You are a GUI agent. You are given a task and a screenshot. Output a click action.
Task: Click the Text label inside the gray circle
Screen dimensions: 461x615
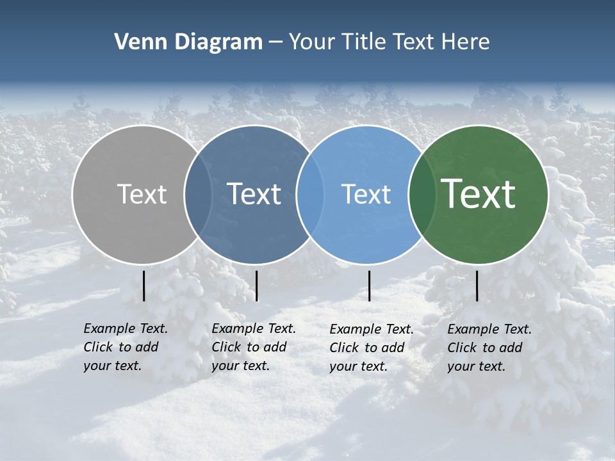pos(142,194)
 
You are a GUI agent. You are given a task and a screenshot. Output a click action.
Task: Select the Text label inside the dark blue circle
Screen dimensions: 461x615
pos(254,194)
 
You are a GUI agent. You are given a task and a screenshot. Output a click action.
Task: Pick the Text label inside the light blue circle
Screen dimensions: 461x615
pos(366,194)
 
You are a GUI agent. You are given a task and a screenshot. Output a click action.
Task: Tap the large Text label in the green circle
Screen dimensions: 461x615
pos(479,194)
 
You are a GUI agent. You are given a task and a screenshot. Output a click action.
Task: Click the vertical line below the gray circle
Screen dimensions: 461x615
pos(144,286)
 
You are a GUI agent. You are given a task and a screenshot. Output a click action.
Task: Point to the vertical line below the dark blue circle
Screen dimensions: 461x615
pos(256,286)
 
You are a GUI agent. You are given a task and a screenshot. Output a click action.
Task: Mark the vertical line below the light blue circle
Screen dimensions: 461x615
pos(370,286)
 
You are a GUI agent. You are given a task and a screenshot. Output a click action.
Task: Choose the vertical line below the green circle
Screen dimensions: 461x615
pos(477,286)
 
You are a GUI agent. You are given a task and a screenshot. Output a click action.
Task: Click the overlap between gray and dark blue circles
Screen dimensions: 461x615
pos(198,195)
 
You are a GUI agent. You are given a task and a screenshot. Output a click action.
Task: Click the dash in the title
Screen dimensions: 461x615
pos(275,42)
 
